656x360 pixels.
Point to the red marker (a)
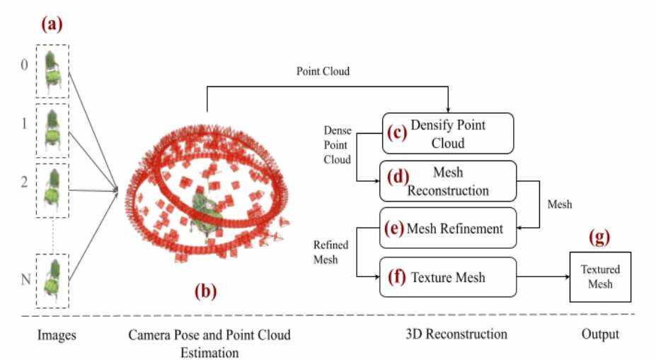pos(52,25)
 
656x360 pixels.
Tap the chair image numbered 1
pos(52,130)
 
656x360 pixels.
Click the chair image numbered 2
pos(52,189)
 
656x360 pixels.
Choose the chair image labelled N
pos(52,281)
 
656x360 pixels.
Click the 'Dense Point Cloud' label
pos(337,145)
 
